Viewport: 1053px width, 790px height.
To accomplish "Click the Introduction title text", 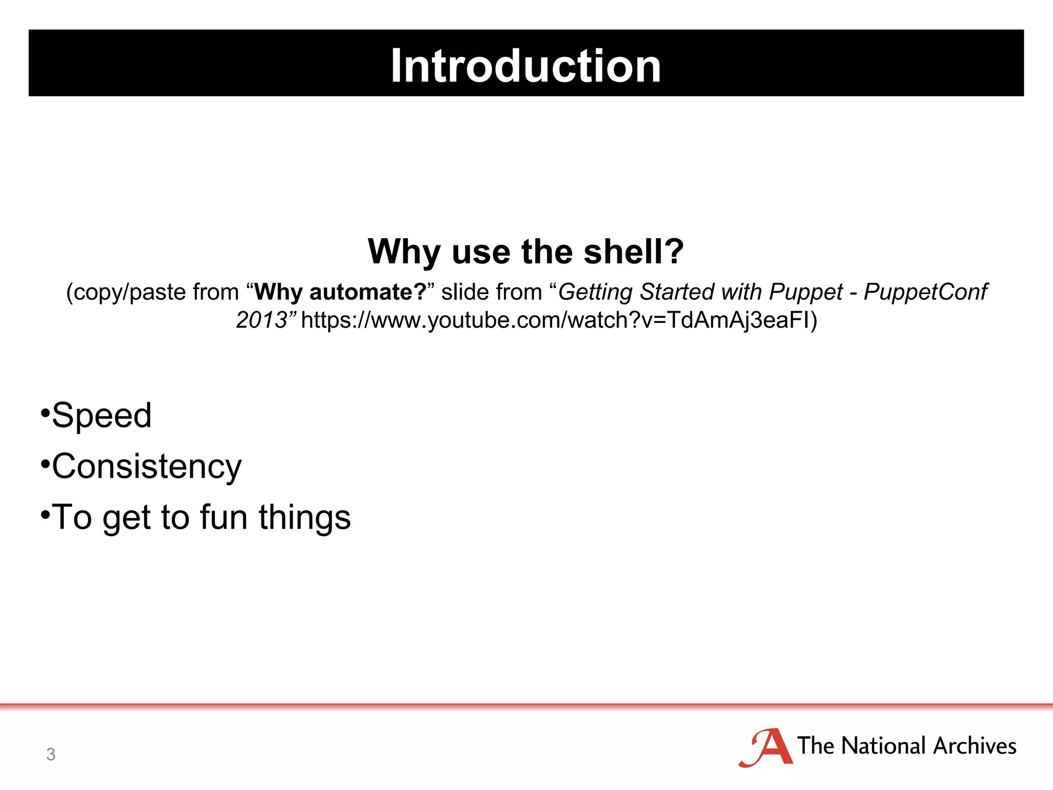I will pos(525,65).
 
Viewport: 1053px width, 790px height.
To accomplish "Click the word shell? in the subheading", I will pos(633,252).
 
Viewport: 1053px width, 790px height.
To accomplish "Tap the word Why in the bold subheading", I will pos(404,252).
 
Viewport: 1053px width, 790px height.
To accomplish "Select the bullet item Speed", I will pos(101,415).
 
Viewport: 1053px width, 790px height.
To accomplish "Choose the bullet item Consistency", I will pos(147,466).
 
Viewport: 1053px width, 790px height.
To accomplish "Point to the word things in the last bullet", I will pos(304,517).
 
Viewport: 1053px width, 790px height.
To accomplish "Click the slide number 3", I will pos(50,754).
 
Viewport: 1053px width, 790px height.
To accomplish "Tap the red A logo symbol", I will pos(766,747).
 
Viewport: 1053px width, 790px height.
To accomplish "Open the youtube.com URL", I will pos(558,320).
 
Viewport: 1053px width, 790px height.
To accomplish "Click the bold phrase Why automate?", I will pos(340,292).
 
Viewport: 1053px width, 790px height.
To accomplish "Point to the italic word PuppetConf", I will pos(924,292).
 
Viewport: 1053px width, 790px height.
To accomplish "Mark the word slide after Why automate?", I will pos(464,292).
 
